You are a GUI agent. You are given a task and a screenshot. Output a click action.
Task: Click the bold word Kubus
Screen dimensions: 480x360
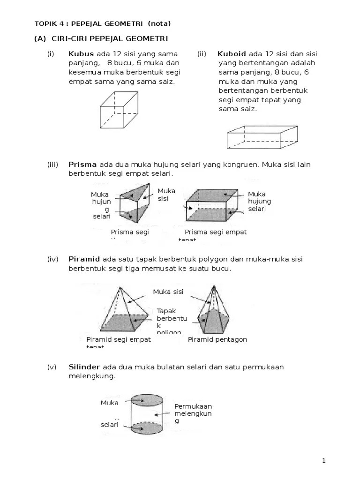[x=81, y=54]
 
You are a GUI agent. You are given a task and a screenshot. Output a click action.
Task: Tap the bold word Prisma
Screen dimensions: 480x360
[x=82, y=165]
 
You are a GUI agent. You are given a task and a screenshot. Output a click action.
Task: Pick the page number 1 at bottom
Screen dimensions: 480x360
[x=323, y=461]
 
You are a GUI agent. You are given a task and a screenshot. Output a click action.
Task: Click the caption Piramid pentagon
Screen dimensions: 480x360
[x=217, y=339]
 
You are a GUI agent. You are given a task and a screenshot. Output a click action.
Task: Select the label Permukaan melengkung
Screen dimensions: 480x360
[x=193, y=413]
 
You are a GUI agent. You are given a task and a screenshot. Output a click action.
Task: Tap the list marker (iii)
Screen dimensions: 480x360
[x=52, y=165]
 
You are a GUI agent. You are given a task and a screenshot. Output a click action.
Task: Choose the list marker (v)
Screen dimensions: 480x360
[x=52, y=367]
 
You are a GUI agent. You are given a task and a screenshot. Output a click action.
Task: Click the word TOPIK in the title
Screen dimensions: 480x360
[x=45, y=24]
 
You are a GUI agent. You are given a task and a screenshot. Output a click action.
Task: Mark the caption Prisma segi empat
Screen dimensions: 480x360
[x=216, y=232]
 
